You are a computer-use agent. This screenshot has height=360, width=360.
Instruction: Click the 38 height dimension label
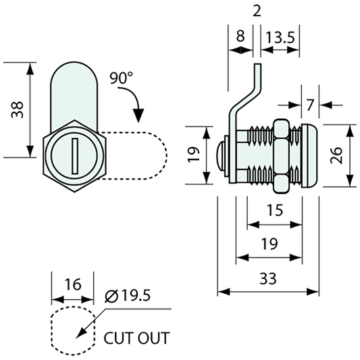[x=18, y=109]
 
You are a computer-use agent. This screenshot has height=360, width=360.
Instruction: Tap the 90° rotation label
[x=121, y=78]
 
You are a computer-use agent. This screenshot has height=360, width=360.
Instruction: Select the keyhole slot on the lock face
[x=75, y=156]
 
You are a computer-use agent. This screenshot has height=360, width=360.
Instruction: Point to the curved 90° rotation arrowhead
[x=138, y=115]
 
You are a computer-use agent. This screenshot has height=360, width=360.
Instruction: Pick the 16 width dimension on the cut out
[x=73, y=284]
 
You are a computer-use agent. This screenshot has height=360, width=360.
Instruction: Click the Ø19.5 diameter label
[x=128, y=295]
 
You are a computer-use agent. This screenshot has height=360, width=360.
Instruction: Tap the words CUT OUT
[x=136, y=338]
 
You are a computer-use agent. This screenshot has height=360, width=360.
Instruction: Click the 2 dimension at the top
[x=257, y=11]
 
